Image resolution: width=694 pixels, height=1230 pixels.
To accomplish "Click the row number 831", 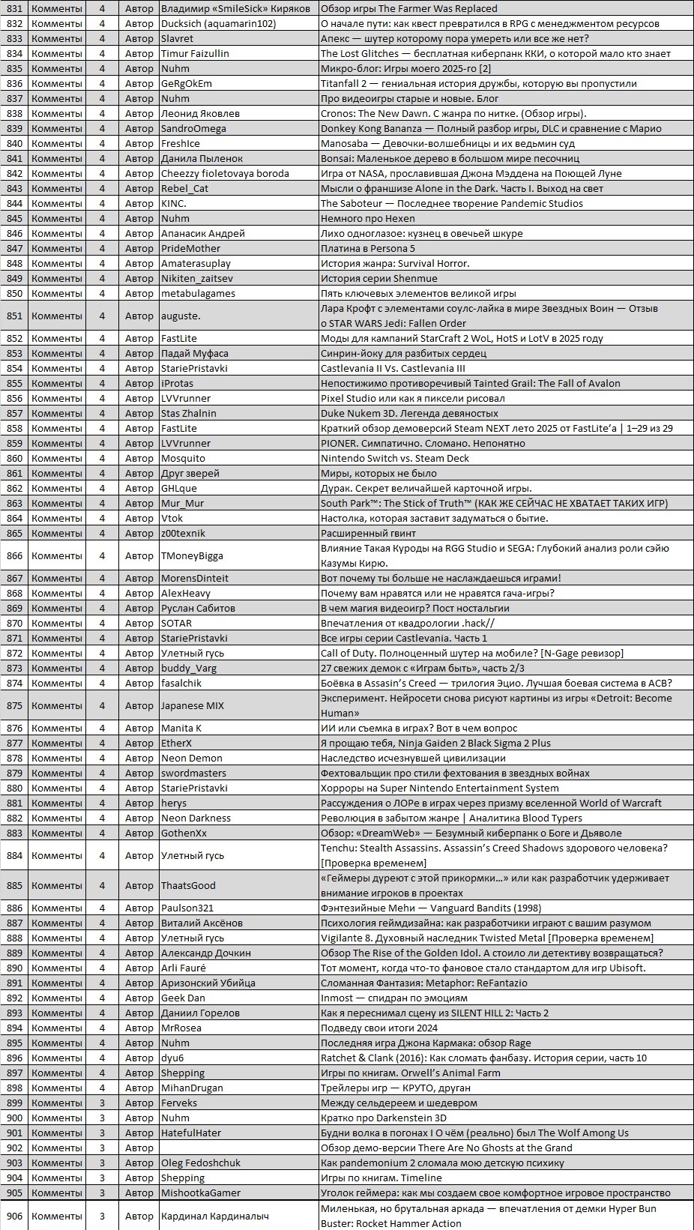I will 14,8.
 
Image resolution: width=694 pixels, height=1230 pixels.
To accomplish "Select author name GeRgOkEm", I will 186,83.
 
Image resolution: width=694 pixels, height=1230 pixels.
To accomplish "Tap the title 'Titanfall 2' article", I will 478,83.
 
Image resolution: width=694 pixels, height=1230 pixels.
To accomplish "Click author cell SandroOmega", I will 193,128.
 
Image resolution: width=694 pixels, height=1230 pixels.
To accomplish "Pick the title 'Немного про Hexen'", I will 367,218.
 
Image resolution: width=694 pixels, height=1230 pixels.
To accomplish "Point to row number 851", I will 14,316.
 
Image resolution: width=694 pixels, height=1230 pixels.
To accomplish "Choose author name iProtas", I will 177,383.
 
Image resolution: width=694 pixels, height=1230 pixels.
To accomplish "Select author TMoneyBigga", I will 192,555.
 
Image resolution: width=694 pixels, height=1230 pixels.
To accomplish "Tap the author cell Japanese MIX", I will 193,705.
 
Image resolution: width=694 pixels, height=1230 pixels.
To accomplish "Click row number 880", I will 14,788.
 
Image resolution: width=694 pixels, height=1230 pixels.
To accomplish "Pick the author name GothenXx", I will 184,833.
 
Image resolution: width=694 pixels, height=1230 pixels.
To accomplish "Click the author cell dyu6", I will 172,1058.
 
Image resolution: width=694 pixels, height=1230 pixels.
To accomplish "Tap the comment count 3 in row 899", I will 102,1103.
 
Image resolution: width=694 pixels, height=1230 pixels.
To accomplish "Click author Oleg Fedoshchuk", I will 201,1163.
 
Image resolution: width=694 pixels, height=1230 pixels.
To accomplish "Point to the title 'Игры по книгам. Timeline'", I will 381,1178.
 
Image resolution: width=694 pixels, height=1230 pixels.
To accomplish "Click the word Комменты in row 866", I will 57,555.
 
